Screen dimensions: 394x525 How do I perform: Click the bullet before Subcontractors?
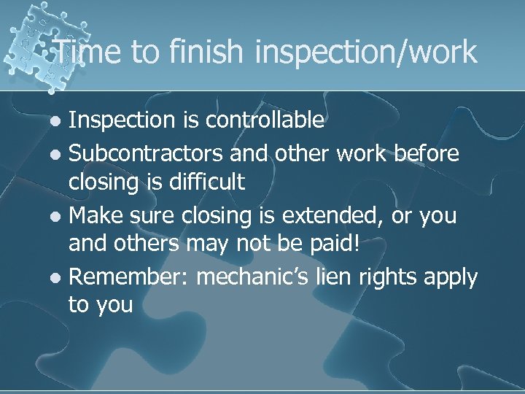point(58,155)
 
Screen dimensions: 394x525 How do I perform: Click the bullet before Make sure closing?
point(58,217)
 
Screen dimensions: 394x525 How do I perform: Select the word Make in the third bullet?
point(92,215)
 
